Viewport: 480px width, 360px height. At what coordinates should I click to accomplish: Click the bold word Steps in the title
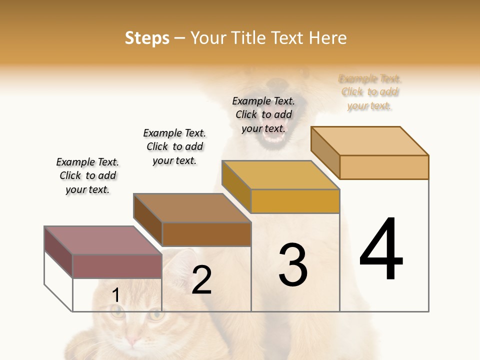point(147,38)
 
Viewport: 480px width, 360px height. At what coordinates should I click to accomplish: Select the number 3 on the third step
point(293,265)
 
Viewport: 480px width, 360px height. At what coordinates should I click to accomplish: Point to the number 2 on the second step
point(202,280)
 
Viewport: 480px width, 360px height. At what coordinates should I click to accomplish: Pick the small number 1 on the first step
point(115,295)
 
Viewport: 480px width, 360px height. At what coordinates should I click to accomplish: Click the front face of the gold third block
point(295,201)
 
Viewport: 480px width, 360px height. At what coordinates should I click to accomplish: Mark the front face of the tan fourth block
point(384,167)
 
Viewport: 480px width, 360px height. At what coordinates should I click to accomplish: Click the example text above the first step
point(87,175)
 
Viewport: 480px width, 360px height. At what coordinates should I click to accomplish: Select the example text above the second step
point(174,146)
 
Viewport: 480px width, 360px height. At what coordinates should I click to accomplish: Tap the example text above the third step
point(263,114)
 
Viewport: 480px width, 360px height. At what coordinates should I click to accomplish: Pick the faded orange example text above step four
point(370,92)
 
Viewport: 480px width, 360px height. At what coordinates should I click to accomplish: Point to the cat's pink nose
point(132,340)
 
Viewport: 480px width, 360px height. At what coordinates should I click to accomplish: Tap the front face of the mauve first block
point(117,266)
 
